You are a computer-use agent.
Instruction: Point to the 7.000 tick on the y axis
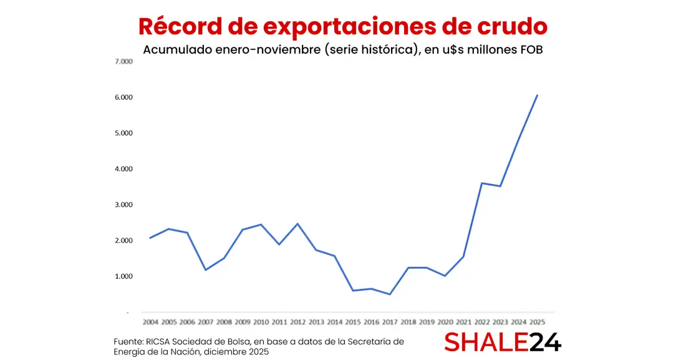pos(124,62)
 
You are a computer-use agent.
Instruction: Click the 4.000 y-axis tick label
pos(124,169)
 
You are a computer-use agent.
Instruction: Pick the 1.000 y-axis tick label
pos(124,276)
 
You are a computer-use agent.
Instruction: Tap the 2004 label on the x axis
pos(150,323)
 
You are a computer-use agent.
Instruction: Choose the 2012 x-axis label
pos(297,323)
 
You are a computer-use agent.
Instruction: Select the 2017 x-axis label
pos(390,323)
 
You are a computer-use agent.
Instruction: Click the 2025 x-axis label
pos(537,323)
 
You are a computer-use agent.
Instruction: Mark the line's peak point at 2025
pos(538,95)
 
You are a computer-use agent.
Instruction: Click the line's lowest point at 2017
pos(390,294)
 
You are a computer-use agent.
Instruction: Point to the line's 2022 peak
pos(482,183)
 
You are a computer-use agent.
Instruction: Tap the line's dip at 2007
pos(205,270)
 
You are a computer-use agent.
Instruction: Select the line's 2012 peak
pos(297,223)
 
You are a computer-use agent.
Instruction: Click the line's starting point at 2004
pos(150,238)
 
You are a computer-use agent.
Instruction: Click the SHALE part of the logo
pos(486,342)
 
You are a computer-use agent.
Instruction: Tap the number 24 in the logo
pos(545,342)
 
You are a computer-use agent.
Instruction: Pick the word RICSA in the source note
pos(159,341)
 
